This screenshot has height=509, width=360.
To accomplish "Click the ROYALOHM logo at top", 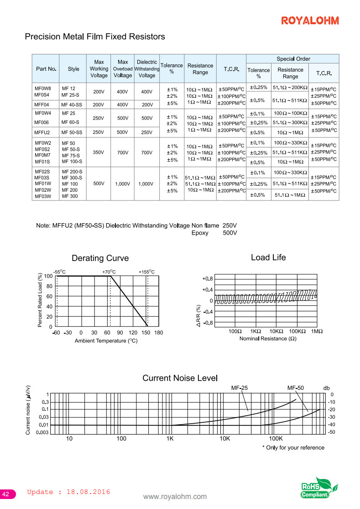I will click(x=310, y=21).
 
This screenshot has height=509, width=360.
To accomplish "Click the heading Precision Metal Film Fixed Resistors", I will click(x=95, y=37).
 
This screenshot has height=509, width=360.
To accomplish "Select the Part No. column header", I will click(x=46, y=69).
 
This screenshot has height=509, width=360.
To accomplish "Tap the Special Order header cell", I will click(x=293, y=59).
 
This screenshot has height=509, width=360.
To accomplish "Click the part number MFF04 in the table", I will click(x=42, y=105).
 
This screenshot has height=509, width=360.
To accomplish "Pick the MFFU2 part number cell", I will click(x=42, y=132).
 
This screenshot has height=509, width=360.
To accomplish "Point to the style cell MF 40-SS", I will click(x=73, y=105).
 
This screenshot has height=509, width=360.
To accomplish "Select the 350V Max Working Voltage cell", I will click(x=99, y=152).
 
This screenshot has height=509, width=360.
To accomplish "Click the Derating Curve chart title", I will click(x=100, y=258).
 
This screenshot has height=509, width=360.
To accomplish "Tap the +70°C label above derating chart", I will click(x=109, y=272).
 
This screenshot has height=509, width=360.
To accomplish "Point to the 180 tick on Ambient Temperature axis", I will click(x=159, y=333).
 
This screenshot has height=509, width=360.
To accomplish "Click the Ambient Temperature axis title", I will click(x=106, y=341).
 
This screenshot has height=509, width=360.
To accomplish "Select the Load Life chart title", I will click(x=268, y=257).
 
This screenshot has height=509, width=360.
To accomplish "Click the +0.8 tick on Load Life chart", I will click(x=207, y=278).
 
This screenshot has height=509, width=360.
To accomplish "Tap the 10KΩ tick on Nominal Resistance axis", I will click(x=277, y=331).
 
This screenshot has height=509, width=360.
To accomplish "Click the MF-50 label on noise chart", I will click(x=295, y=388).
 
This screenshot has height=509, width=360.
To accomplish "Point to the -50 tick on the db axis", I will click(x=332, y=432).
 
